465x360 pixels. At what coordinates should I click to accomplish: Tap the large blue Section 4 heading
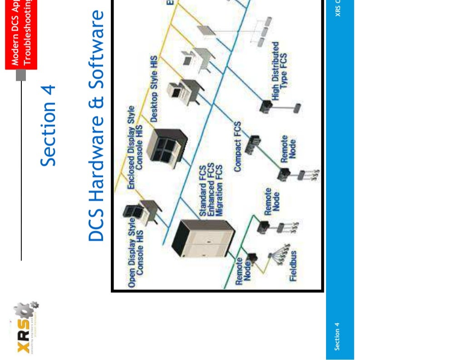(48, 125)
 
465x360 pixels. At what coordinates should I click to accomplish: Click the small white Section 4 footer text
(337, 336)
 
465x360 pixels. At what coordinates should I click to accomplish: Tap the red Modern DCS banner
(21, 34)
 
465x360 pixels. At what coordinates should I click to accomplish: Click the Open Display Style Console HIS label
(136, 253)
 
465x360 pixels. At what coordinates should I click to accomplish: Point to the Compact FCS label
(238, 146)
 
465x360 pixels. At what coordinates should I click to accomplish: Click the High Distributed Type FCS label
(279, 71)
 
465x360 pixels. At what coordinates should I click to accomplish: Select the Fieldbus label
(293, 266)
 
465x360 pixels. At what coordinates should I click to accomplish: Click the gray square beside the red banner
(21, 75)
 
